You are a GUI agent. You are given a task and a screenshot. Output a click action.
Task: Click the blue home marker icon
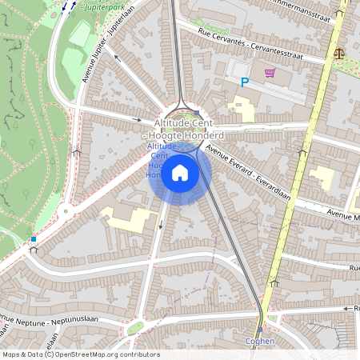pyautogui.click(x=180, y=172)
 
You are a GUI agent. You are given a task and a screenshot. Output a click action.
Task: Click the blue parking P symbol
pyautogui.click(x=246, y=82)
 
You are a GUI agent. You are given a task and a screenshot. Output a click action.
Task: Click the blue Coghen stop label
pyautogui.click(x=260, y=341)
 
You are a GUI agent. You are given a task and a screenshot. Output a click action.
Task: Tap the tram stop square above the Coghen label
pyautogui.click(x=260, y=329)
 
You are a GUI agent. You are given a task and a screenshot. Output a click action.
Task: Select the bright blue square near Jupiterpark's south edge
pyautogui.click(x=33, y=238)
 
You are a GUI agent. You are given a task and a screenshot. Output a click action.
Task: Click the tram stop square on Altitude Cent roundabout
pyautogui.click(x=197, y=114)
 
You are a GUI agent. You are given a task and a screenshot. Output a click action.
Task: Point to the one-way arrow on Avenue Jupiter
pyautogui.click(x=117, y=57)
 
